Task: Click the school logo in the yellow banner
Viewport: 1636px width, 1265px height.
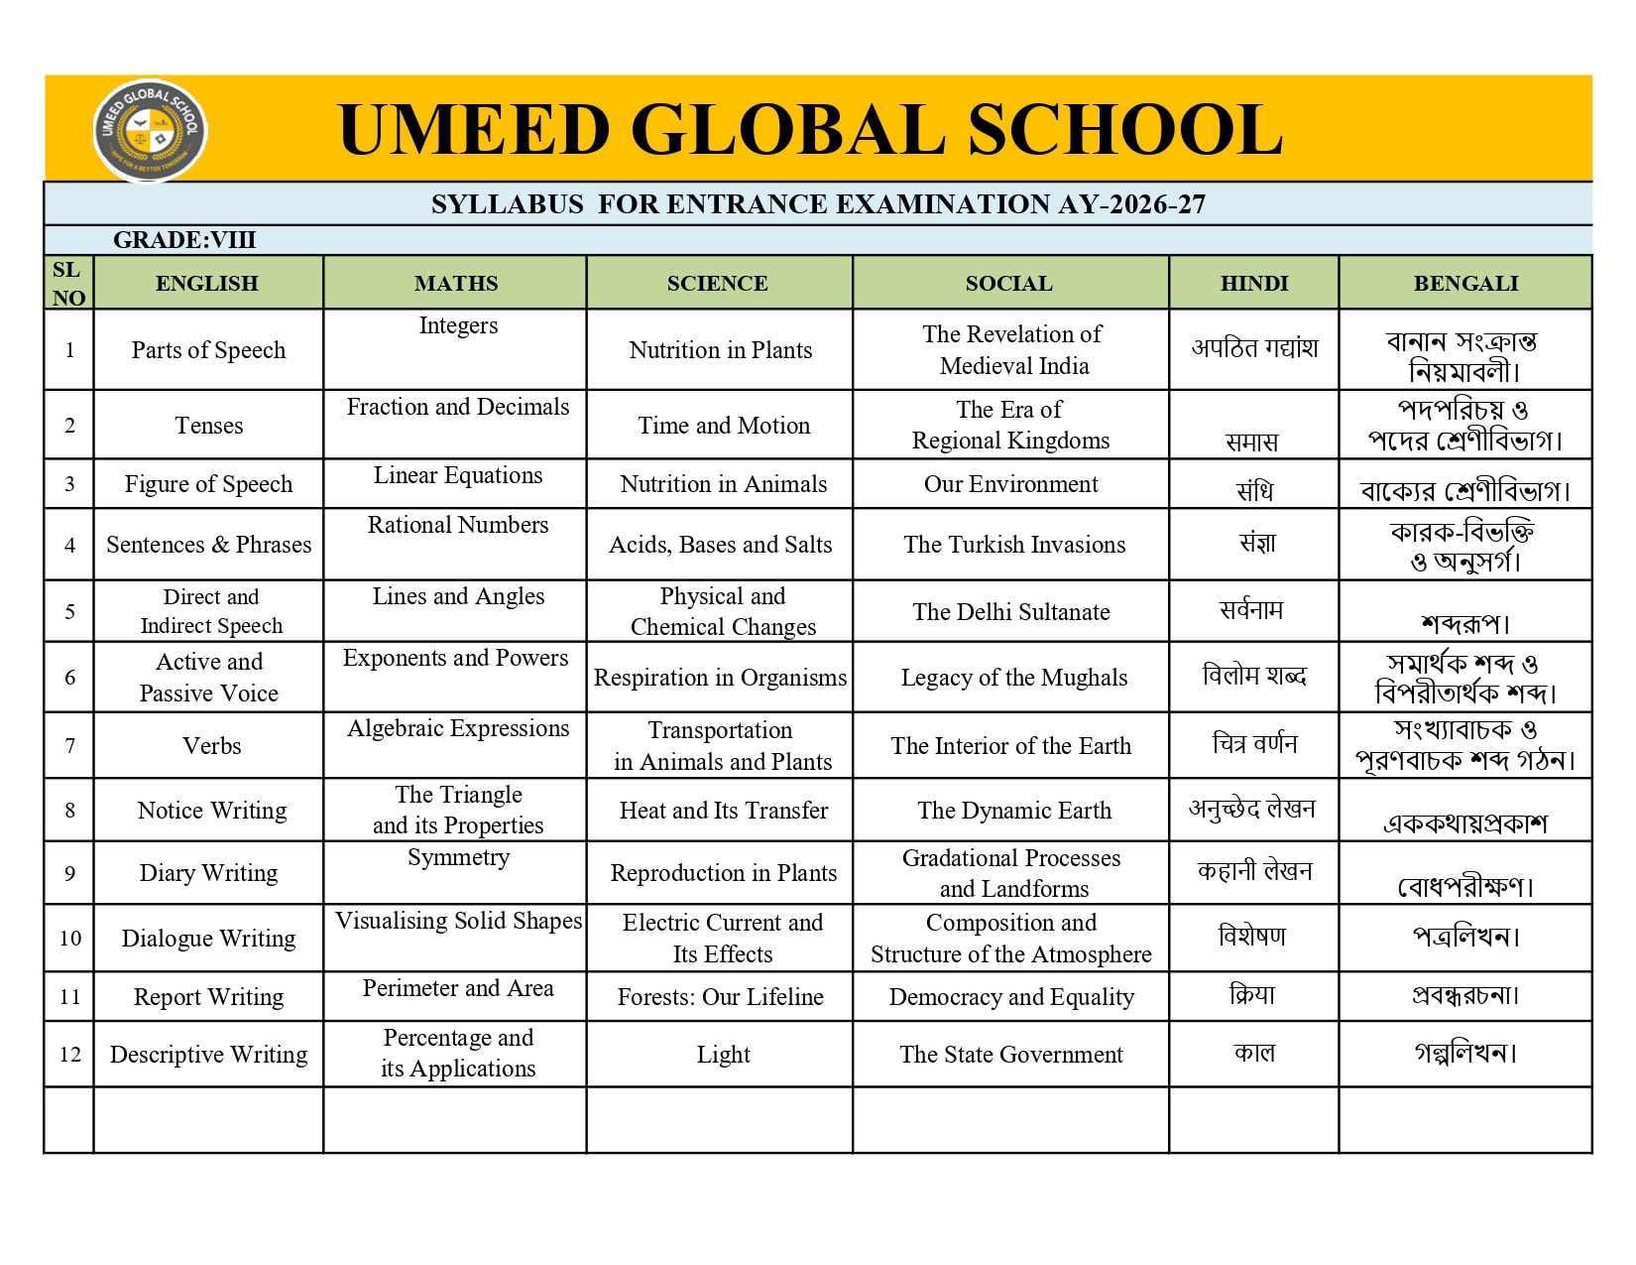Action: (151, 130)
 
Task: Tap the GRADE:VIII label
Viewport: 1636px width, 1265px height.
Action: (184, 240)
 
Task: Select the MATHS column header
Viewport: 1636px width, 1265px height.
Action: (456, 284)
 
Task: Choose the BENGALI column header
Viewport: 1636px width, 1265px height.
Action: (1465, 284)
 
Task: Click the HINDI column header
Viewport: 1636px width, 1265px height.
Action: (1254, 284)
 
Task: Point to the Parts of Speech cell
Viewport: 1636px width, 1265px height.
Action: (208, 350)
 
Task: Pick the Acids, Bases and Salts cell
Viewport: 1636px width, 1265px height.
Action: (721, 545)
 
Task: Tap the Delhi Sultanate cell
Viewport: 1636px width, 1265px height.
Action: (1011, 612)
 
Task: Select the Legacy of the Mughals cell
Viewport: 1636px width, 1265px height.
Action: (1013, 678)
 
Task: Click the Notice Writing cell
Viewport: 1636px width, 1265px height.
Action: (212, 811)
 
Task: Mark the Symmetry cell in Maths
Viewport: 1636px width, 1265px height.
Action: (458, 857)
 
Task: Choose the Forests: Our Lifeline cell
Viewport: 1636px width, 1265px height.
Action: (721, 997)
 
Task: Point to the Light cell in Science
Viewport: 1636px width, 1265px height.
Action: (723, 1055)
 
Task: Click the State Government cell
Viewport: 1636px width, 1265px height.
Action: (1011, 1055)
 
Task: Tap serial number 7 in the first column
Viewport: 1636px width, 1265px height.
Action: (69, 746)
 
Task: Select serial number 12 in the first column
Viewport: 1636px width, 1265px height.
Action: (69, 1055)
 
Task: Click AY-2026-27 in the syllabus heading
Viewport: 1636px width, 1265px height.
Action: (1131, 204)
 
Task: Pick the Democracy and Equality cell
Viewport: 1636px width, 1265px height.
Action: (1011, 997)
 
